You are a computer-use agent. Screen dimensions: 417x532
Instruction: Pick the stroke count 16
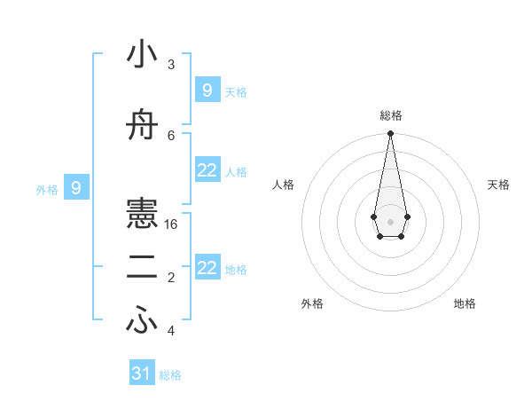point(171,224)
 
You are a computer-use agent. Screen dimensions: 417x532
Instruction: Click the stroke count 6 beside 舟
point(171,135)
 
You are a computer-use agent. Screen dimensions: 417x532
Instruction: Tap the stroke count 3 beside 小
point(171,64)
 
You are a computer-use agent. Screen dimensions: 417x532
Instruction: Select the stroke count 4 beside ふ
point(171,331)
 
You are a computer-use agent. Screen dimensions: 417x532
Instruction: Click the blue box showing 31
point(142,374)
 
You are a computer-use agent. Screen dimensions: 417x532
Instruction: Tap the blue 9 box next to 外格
point(77,187)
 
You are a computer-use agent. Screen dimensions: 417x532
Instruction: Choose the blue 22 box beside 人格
point(207,170)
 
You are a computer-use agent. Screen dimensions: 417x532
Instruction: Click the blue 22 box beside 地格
point(207,268)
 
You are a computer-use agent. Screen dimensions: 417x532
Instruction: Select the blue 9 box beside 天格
point(207,90)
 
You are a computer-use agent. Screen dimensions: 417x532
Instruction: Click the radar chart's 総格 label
point(390,115)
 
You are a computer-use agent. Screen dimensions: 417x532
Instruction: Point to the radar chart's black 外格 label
point(312,303)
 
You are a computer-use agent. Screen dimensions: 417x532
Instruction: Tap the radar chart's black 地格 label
point(465,303)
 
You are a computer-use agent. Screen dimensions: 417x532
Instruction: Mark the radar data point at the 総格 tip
point(390,134)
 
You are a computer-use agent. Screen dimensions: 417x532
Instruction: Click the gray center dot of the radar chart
point(390,221)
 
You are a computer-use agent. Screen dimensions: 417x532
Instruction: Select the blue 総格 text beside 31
point(170,375)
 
